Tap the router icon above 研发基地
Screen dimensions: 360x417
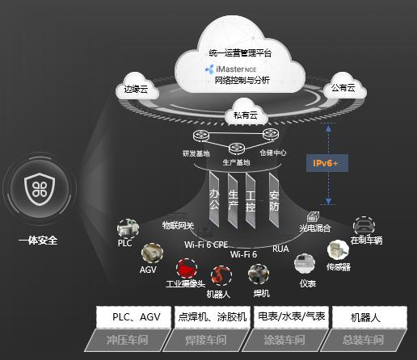200,138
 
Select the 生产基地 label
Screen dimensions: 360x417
237,161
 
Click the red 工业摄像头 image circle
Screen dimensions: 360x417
185,268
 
